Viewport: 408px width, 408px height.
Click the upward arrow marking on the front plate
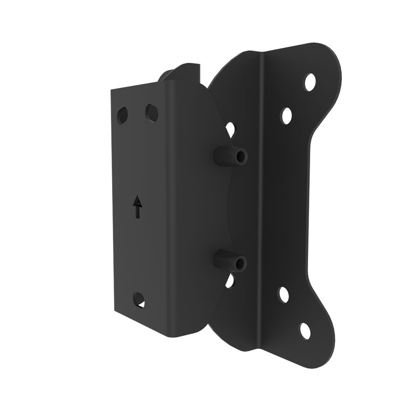coord(138,206)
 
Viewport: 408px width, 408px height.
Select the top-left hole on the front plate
coord(122,114)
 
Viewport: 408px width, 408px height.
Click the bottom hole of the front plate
coord(139,298)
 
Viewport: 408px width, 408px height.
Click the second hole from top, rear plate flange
coord(287,115)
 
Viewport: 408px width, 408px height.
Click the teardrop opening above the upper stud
coord(231,130)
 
